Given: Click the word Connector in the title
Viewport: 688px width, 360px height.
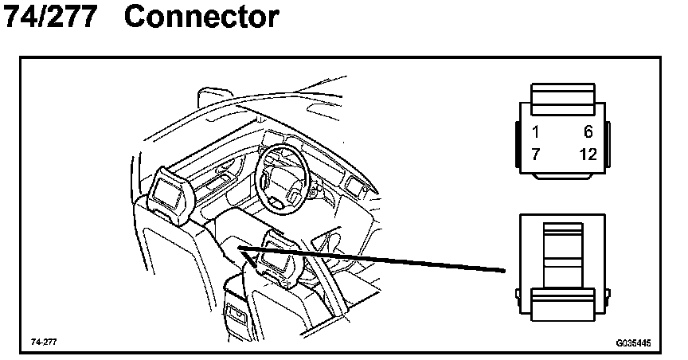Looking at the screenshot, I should [x=201, y=17].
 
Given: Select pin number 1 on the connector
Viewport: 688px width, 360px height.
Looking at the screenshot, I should [x=536, y=132].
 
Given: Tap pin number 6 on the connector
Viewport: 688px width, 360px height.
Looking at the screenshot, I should [x=588, y=132].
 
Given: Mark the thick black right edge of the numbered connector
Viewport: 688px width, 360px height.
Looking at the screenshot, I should [x=607, y=147].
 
